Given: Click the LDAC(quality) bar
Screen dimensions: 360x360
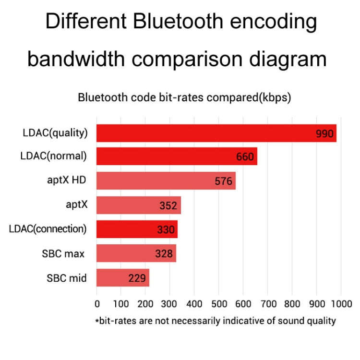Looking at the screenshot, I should (216, 133).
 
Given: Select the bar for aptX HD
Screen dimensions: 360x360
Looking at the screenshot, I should (166, 181).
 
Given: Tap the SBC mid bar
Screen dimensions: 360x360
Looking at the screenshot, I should (123, 277).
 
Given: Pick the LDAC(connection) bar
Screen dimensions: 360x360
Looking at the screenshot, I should (137, 229).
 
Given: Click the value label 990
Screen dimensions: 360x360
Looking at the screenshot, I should (324, 133).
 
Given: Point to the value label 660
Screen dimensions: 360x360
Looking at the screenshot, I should (245, 157).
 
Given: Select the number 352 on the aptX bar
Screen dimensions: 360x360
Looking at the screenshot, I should (168, 206).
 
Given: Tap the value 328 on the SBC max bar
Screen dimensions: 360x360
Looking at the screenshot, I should (164, 254).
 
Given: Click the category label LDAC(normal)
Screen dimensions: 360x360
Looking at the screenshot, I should (54, 156).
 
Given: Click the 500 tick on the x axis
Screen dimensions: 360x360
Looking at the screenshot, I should (218, 304).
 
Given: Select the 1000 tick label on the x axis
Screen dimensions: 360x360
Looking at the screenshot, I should (341, 304).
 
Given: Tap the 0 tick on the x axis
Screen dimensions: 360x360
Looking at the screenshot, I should (97, 304).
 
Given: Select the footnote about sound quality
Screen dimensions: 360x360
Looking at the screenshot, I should (215, 321).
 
